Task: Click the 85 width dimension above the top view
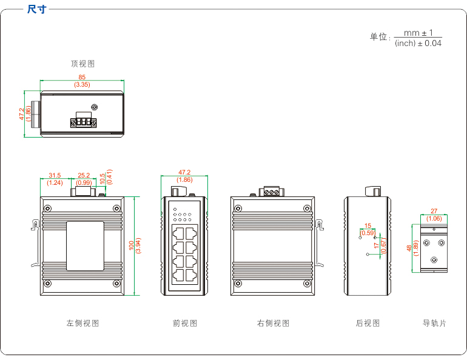tap(82, 77)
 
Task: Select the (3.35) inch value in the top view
tap(82, 85)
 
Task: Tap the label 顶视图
tap(82, 64)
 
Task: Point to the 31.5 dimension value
tap(55, 176)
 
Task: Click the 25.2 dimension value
tap(84, 176)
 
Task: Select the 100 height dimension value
tap(132, 245)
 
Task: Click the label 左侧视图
tap(82, 324)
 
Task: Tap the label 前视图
tap(185, 324)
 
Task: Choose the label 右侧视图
tap(273, 324)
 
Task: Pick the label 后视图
tap(368, 324)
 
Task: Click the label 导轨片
tap(434, 324)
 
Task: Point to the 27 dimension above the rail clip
tap(434, 212)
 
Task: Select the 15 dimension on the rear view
tap(368, 225)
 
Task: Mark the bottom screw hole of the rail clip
tap(434, 259)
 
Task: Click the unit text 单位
tap(378, 37)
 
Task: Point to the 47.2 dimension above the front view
tap(184, 172)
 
